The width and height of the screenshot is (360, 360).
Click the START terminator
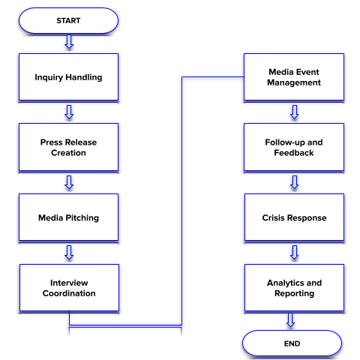pyautogui.click(x=68, y=20)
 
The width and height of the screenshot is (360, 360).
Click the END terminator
pyautogui.click(x=292, y=343)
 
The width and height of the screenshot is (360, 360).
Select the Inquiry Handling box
pyautogui.click(x=68, y=77)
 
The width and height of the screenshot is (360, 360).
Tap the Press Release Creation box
pyautogui.click(x=68, y=147)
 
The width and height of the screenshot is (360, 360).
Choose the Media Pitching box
pyautogui.click(x=68, y=217)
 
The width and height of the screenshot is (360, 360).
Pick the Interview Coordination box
pyautogui.click(x=69, y=288)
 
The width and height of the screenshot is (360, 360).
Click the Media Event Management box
pyautogui.click(x=294, y=77)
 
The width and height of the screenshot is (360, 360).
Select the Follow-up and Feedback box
pyautogui.click(x=294, y=147)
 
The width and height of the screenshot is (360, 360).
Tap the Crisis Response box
pyautogui.click(x=294, y=217)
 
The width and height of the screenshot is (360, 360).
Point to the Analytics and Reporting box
pyautogui.click(x=294, y=288)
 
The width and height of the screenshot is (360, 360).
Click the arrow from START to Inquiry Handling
pyautogui.click(x=69, y=42)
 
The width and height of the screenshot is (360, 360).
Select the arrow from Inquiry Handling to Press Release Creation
pyautogui.click(x=69, y=112)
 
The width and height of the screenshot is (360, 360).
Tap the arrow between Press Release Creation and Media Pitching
pyautogui.click(x=69, y=182)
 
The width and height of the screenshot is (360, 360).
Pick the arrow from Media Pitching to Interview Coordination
pyautogui.click(x=69, y=252)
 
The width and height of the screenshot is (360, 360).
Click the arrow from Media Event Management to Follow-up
pyautogui.click(x=295, y=112)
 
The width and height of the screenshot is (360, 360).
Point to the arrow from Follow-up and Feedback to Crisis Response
pyautogui.click(x=295, y=182)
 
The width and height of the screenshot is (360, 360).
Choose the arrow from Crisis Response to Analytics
pyautogui.click(x=295, y=252)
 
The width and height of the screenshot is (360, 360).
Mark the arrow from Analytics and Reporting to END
pyautogui.click(x=290, y=320)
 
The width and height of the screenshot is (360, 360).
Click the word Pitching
pyautogui.click(x=82, y=218)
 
